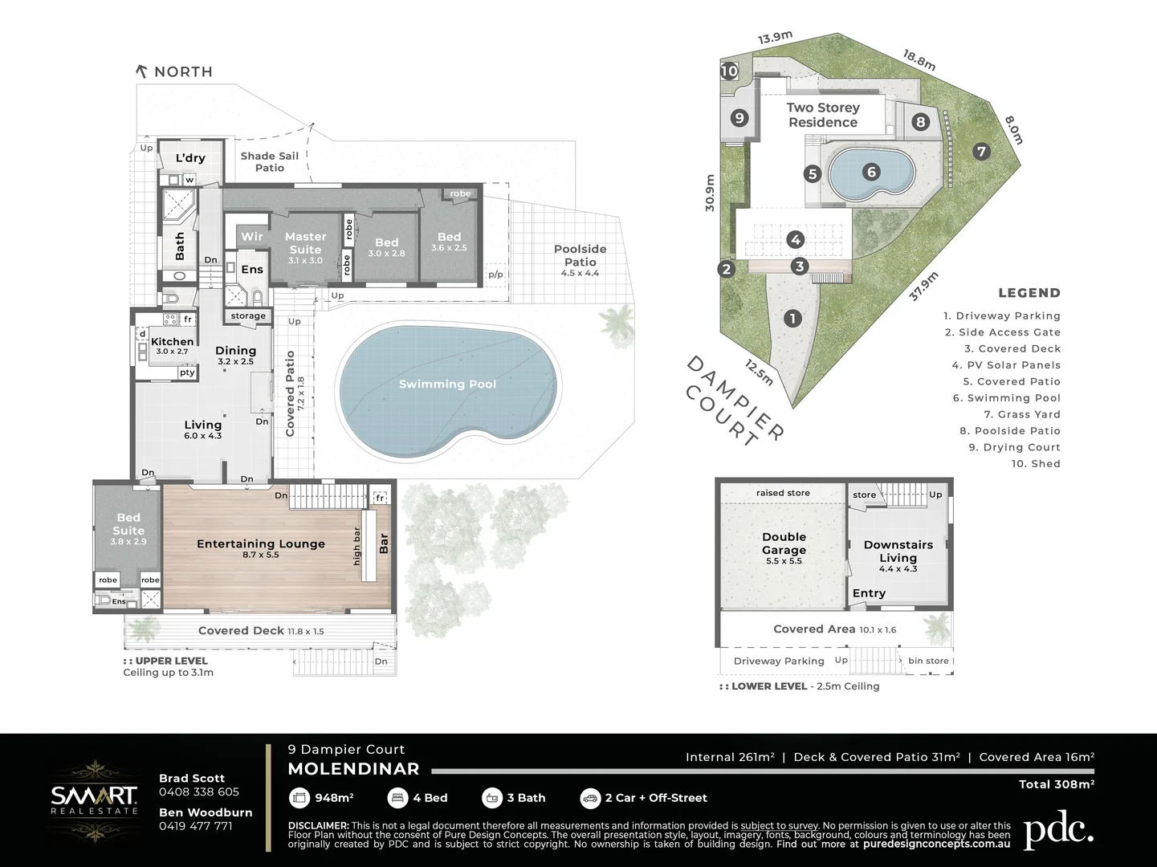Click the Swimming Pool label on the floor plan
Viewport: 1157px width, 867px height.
[x=447, y=385]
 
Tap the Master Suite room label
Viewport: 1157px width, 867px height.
[x=305, y=243]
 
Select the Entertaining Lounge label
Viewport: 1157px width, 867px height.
[x=261, y=544]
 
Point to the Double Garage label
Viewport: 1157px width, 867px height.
[x=784, y=543]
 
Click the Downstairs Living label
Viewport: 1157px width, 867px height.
[x=898, y=551]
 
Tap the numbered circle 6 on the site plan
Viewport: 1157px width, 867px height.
[x=871, y=172]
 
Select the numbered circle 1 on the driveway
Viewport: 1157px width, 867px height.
[x=792, y=319]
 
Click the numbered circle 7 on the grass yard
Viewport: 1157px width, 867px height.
[x=980, y=151]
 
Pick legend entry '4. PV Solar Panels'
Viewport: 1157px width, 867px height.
[x=1006, y=365]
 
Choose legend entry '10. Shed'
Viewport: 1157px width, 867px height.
[x=1035, y=464]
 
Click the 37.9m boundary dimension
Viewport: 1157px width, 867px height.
[x=923, y=287]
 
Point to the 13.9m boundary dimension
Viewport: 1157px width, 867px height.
[x=775, y=38]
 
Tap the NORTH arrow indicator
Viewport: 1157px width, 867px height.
[x=143, y=71]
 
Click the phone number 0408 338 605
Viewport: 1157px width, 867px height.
[x=199, y=792]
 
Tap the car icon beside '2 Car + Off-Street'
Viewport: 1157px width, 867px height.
[x=590, y=798]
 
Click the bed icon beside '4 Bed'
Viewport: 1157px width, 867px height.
[x=397, y=798]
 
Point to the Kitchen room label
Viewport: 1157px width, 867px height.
[x=172, y=342]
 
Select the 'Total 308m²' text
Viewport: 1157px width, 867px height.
[x=1056, y=784]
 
